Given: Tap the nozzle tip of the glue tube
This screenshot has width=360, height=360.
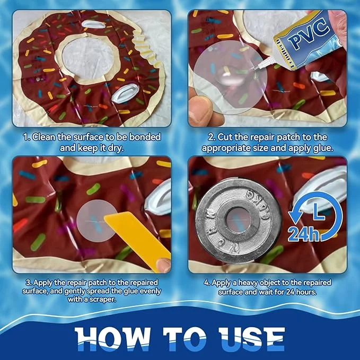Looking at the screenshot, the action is [254, 68].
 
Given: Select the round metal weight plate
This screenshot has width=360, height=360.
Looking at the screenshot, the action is [238, 220].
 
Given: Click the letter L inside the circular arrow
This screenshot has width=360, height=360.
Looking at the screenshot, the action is [318, 214].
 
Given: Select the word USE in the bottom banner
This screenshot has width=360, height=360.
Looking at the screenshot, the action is [251, 339].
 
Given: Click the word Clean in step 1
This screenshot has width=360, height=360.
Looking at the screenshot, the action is [44, 137].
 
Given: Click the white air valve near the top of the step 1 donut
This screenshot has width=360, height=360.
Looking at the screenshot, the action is [93, 24].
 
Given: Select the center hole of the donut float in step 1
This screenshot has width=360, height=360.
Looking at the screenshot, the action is [87, 57].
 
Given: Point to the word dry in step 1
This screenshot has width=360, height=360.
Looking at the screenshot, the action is [116, 148].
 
